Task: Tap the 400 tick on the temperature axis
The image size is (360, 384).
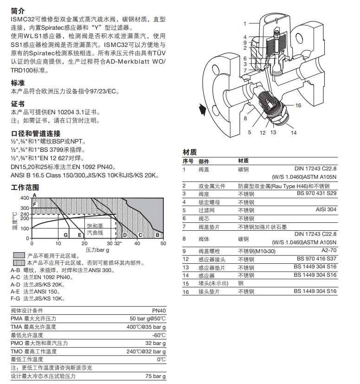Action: point(24,198)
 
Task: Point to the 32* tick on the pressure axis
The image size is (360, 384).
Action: point(117,243)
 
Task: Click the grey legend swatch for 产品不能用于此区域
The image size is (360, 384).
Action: point(19,256)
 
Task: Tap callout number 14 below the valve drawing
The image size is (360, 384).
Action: point(293,133)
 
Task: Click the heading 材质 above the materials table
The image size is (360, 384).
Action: point(190,152)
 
